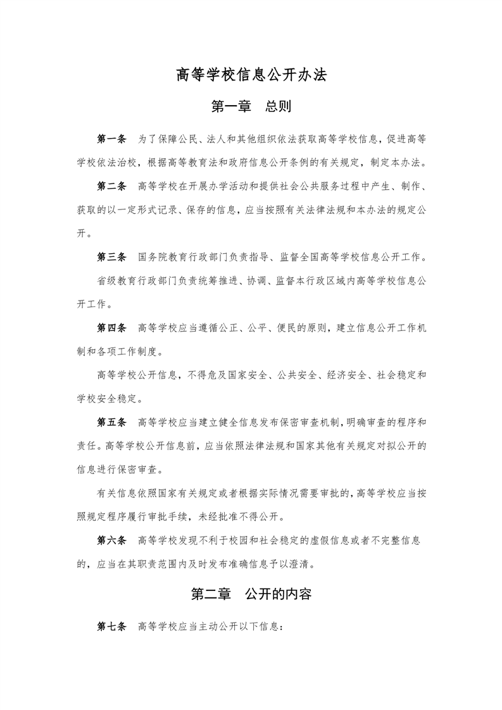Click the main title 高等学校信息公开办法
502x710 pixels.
tap(251, 75)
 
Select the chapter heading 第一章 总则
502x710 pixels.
tap(251, 106)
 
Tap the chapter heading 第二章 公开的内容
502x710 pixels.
tap(251, 595)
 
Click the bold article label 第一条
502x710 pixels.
tap(111, 139)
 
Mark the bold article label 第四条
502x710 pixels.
tap(111, 328)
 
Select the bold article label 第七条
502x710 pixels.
tap(111, 627)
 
